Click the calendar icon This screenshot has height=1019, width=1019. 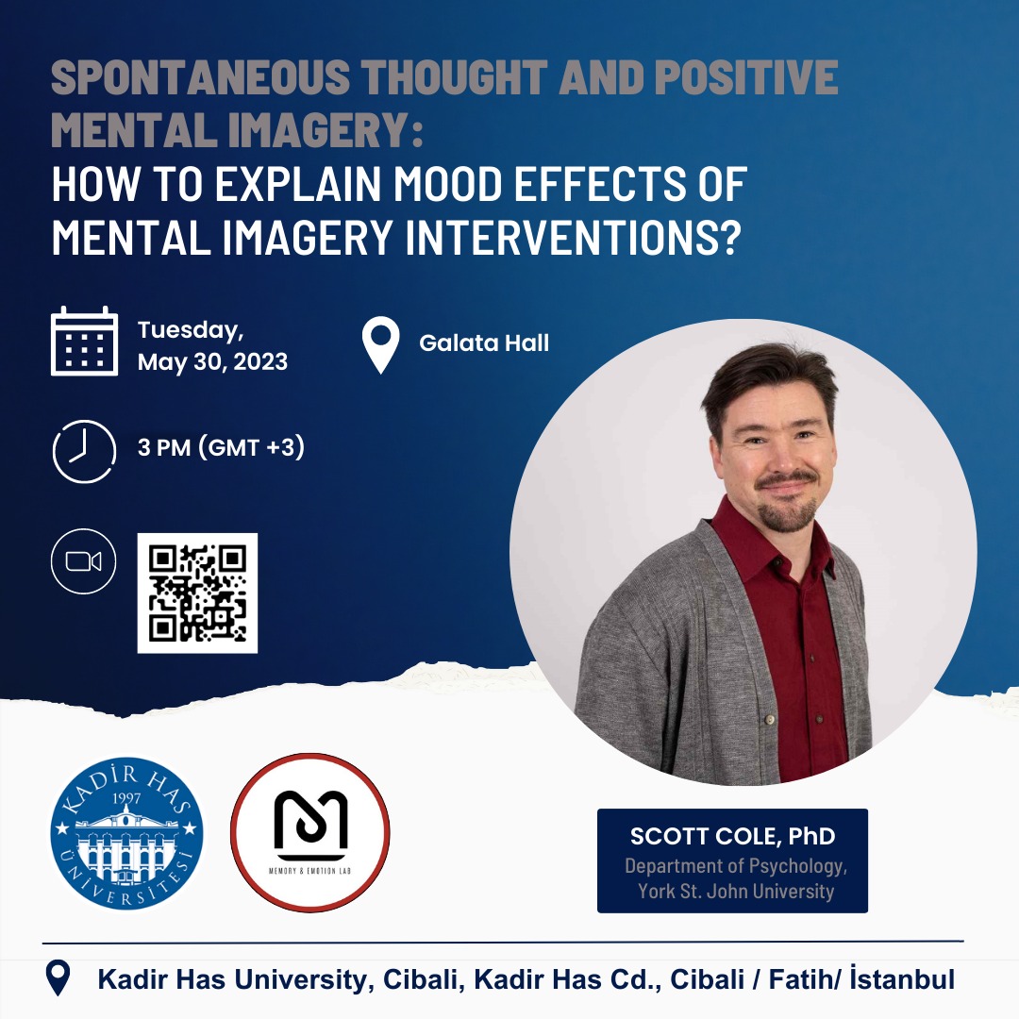[x=85, y=342]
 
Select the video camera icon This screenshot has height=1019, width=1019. [x=83, y=562]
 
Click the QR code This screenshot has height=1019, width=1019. [x=197, y=593]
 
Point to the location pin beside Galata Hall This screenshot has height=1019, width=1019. [x=380, y=345]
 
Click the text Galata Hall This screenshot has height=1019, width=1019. [x=484, y=342]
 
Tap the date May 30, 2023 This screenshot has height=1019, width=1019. [x=212, y=362]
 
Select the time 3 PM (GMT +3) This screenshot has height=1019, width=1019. [x=221, y=448]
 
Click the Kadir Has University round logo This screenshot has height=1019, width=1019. [x=127, y=832]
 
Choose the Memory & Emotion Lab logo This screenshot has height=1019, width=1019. [x=310, y=832]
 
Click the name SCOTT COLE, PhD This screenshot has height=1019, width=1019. [x=732, y=836]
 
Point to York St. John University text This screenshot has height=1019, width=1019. [x=736, y=891]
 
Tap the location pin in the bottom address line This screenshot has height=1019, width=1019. [x=58, y=978]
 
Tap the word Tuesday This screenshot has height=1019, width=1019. [x=191, y=331]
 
